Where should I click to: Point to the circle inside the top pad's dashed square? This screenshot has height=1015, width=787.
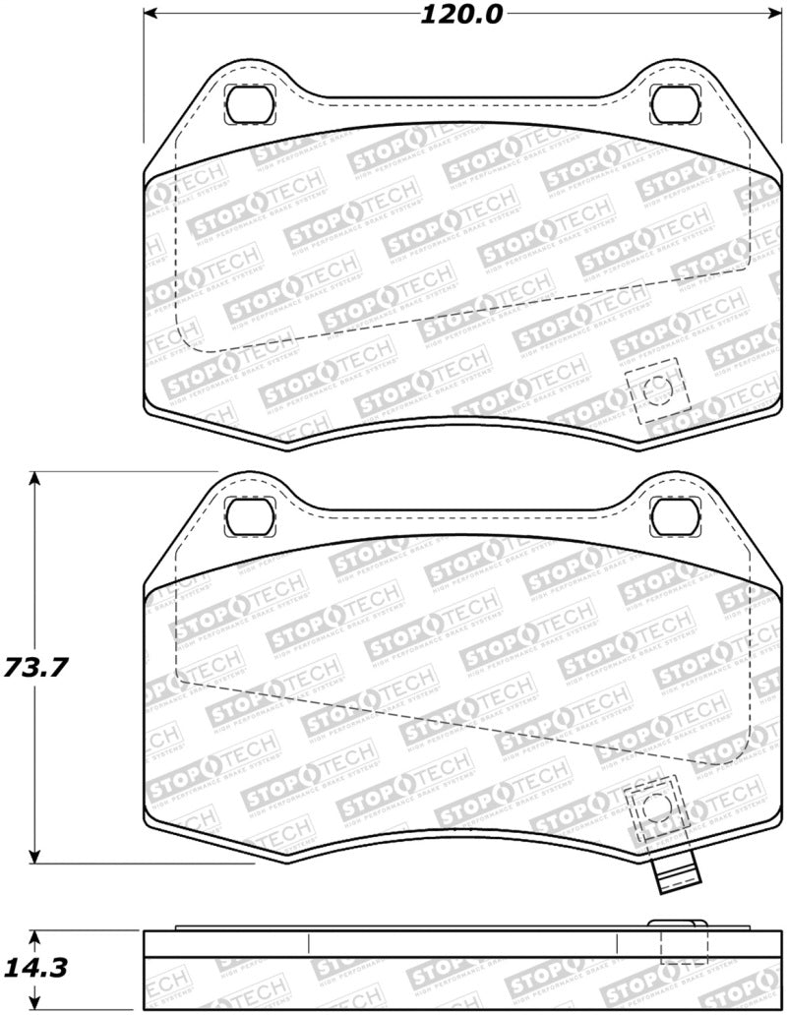(x=655, y=391)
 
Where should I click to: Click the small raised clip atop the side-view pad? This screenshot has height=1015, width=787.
(x=678, y=924)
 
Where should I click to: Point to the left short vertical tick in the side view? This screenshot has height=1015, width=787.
(x=310, y=944)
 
